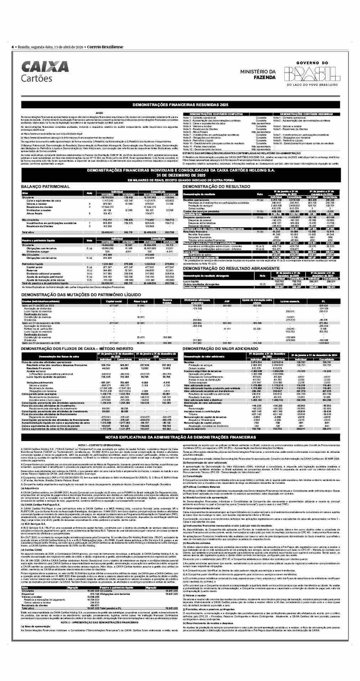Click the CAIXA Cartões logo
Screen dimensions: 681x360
[x=45, y=71]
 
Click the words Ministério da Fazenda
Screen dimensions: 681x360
[x=258, y=74]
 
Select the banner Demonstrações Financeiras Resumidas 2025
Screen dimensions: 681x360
[x=180, y=105]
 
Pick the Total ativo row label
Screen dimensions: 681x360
[x=28, y=232]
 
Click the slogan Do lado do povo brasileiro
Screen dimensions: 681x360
[x=312, y=85]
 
